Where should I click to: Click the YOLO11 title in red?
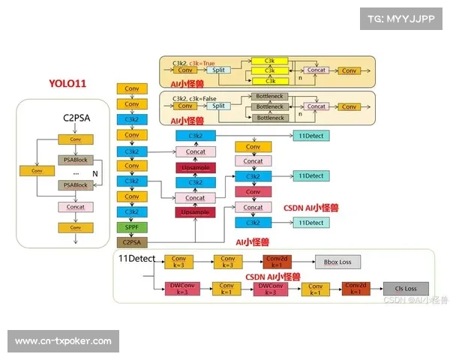pyautogui.click(x=67, y=83)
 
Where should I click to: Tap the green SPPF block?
pyautogui.click(x=132, y=226)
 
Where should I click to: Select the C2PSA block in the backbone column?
pyautogui.click(x=132, y=241)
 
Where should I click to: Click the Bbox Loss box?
pyautogui.click(x=337, y=262)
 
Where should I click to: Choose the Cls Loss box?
pyautogui.click(x=411, y=288)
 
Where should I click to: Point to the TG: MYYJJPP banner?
pyautogui.click(x=401, y=19)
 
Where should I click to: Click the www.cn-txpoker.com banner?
pyautogui.click(x=63, y=341)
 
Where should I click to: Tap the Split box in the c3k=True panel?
pyautogui.click(x=218, y=70)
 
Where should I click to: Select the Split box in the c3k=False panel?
pyautogui.click(x=218, y=106)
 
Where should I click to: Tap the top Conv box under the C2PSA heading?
pyautogui.click(x=76, y=139)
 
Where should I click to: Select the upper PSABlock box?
pyautogui.click(x=76, y=160)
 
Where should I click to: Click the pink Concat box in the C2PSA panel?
pyautogui.click(x=76, y=207)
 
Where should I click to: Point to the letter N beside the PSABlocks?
pyautogui.click(x=94, y=173)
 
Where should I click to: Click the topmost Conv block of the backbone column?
pyautogui.click(x=132, y=88)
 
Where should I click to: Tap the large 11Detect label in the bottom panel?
pyautogui.click(x=136, y=258)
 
